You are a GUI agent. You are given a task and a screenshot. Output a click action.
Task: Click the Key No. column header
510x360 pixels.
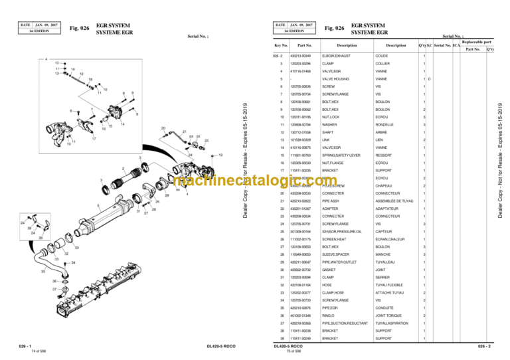[281, 45]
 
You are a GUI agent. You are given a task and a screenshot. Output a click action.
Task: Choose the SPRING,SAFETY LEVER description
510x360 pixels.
[341, 155]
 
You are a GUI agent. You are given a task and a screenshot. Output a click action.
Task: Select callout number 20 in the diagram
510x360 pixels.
[163, 128]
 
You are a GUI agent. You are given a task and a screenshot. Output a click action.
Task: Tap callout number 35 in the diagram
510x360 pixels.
[43, 272]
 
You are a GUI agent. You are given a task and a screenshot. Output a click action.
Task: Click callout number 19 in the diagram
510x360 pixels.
[220, 155]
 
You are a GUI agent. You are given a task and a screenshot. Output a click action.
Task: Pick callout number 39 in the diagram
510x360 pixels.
[41, 237]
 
